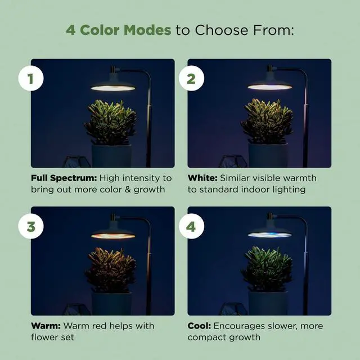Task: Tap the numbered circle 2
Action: pyautogui.click(x=191, y=79)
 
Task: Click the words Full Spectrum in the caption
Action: pyautogui.click(x=64, y=178)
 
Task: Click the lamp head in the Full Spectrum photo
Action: pyautogui.click(x=113, y=85)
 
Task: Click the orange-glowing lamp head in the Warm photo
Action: pyautogui.click(x=113, y=233)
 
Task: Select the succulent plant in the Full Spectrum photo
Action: pyautogui.click(x=111, y=121)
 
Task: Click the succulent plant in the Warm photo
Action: pyautogui.click(x=111, y=269)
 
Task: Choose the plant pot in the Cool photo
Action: pyautogui.click(x=268, y=303)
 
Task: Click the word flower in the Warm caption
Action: pyautogui.click(x=44, y=337)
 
